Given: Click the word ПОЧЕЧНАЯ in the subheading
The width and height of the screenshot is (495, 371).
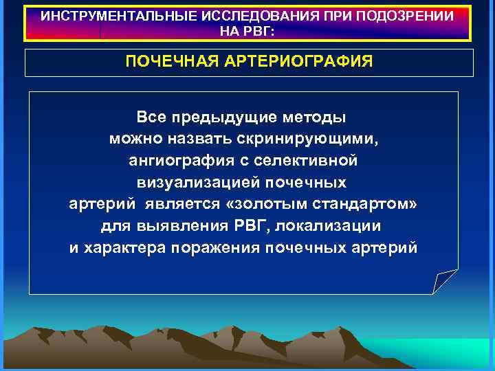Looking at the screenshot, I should [x=170, y=63].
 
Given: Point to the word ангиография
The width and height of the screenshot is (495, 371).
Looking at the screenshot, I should [x=175, y=161].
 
